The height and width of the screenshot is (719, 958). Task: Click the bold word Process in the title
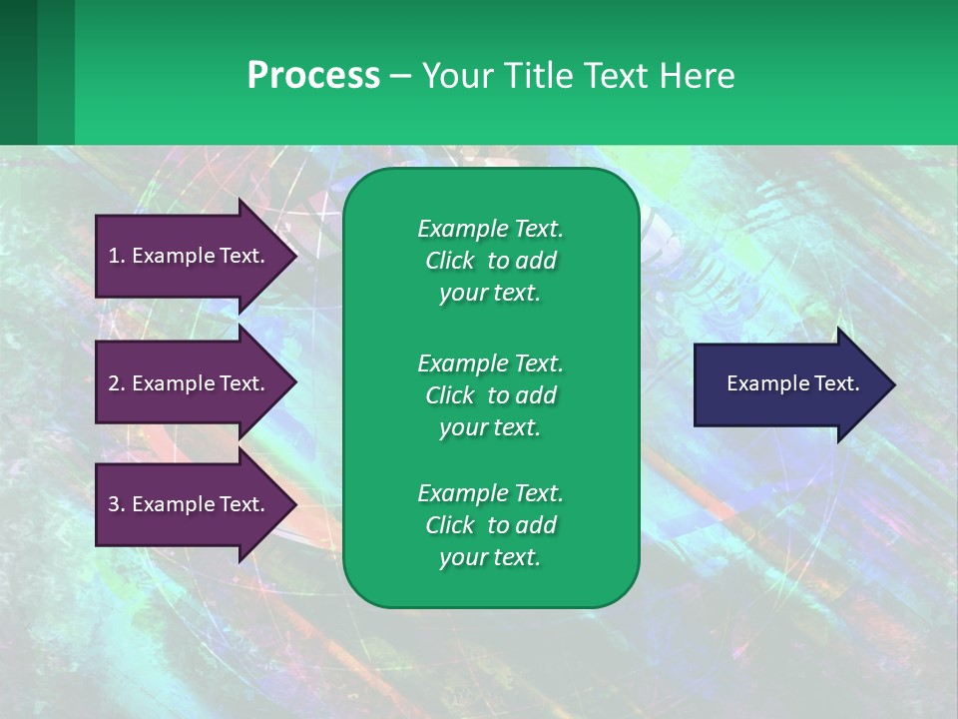[x=313, y=76]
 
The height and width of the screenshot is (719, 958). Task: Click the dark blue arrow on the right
[x=788, y=384]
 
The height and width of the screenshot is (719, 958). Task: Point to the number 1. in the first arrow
[x=117, y=256]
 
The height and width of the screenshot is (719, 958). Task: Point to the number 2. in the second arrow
[x=117, y=383]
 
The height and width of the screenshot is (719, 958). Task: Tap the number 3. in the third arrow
[x=117, y=504]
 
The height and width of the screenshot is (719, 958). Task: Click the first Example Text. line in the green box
[x=490, y=229]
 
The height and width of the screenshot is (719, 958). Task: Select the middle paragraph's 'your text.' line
[x=490, y=427]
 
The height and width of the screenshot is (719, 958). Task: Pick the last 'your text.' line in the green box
[x=490, y=558]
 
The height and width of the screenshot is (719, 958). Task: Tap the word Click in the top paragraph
[x=450, y=262]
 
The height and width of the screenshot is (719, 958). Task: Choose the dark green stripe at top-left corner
[x=18, y=72]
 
